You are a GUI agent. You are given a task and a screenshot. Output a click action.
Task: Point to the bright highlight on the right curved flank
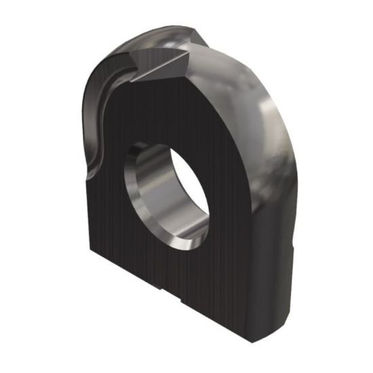275,122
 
